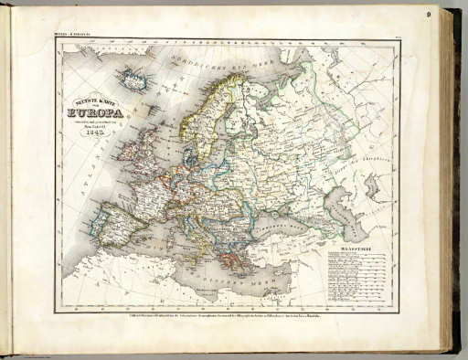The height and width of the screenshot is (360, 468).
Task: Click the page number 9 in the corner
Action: (x=427, y=14)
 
